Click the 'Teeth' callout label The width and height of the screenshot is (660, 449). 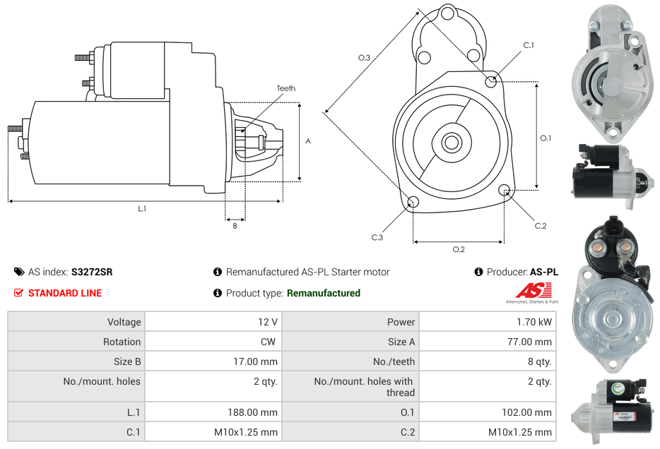click(285, 88)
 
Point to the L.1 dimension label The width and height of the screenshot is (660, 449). click(142, 209)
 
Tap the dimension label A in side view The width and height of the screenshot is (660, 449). click(307, 141)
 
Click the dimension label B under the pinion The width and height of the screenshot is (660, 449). click(235, 226)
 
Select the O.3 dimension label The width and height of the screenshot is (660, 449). click(365, 57)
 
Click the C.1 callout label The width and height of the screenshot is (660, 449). click(528, 45)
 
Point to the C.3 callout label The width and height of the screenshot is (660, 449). click(377, 238)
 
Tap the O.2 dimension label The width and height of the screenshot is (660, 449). click(459, 249)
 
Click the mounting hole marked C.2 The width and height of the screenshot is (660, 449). click(505, 190)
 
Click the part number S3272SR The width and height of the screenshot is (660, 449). click(92, 272)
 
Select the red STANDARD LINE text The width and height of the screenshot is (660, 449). click(65, 293)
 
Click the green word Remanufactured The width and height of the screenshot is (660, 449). click(323, 293)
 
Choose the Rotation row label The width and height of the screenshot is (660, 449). click(122, 342)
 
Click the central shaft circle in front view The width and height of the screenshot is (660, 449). click(451, 143)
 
